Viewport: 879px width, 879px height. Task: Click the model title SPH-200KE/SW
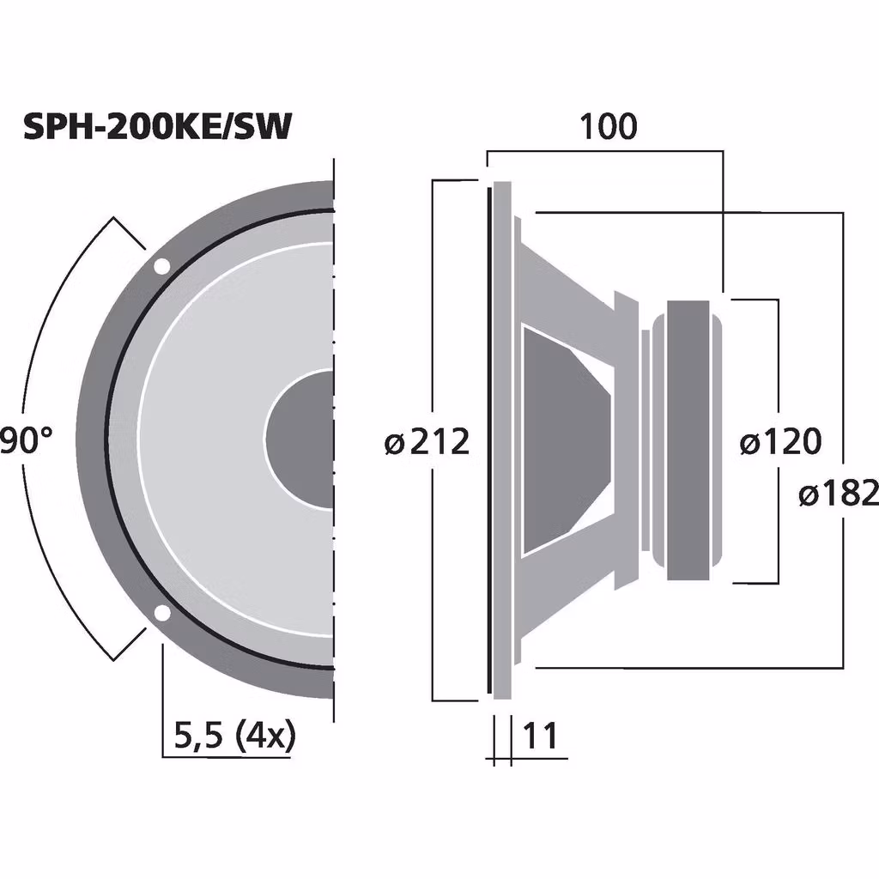157,126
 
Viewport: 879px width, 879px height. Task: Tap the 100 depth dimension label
609,126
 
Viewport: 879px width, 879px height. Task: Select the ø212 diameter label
427,443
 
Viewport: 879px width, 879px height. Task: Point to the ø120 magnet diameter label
780,443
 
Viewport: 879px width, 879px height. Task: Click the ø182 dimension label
838,494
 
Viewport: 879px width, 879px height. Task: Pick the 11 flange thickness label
540,736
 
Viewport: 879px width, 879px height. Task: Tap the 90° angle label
26,441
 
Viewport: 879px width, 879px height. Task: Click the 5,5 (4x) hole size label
233,736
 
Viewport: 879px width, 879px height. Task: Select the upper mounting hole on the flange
161,266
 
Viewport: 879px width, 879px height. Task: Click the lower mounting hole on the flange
161,613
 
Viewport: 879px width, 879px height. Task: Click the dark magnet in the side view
688,439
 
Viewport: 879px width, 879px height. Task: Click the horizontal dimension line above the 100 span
605,151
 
